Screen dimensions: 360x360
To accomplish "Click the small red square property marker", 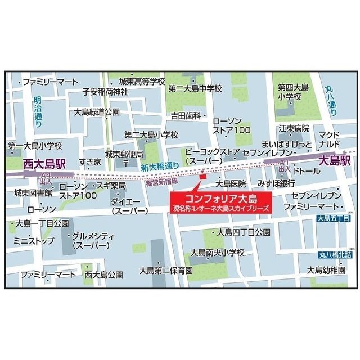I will pyautogui.click(x=203, y=178).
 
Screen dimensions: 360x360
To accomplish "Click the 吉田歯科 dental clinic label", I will pyautogui.click(x=186, y=115).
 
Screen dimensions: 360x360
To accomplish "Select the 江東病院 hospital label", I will pyautogui.click(x=294, y=128).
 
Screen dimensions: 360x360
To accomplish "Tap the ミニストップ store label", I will pyautogui.click(x=34, y=241).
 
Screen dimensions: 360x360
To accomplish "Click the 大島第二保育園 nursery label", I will pyautogui.click(x=166, y=271).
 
